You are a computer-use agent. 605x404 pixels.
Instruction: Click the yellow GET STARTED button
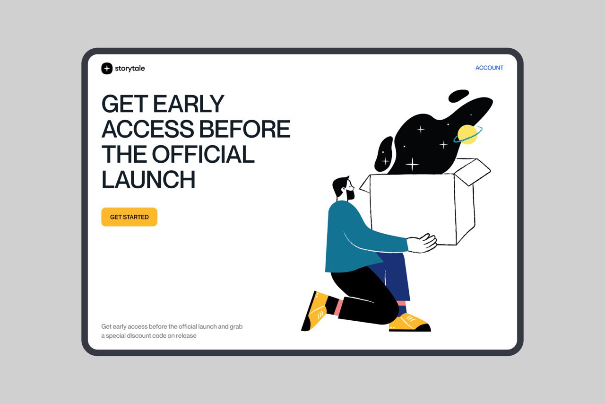[x=129, y=217]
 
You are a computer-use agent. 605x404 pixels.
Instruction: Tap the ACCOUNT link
[x=489, y=68]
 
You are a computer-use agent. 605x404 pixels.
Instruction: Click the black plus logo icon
[x=107, y=69]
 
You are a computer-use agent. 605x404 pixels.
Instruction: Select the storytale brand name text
[x=130, y=69]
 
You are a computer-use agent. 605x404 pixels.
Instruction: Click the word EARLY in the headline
[x=188, y=104]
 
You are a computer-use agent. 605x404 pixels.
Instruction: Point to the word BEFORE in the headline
[x=244, y=129]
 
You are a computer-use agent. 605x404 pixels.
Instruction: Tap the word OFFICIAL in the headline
[x=203, y=154]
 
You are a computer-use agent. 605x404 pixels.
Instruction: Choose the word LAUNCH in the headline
[x=148, y=179]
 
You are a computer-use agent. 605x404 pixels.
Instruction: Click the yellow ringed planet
[x=467, y=134]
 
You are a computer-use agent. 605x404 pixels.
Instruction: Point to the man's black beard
[x=350, y=194]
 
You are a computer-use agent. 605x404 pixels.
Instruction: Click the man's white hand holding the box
[x=423, y=243]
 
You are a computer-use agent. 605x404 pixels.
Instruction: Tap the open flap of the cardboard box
[x=473, y=171]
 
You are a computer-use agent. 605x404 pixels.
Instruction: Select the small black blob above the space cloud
[x=458, y=96]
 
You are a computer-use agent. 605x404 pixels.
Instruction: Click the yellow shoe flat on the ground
[x=410, y=323]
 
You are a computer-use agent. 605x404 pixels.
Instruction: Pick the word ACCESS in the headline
[x=148, y=129]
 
